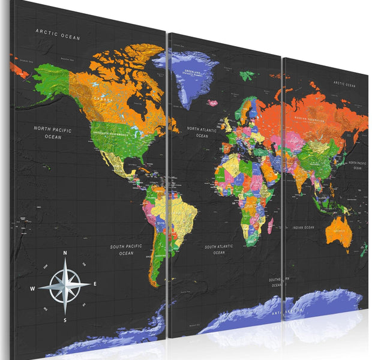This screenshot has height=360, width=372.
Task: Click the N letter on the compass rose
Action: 65,253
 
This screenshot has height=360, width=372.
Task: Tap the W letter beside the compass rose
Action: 32,289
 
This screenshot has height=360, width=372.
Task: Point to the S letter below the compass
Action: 65,320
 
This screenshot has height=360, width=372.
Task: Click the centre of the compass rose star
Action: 65,286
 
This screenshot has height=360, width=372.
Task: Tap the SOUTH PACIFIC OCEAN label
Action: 125,250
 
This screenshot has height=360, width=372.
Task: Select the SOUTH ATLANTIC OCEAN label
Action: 219,250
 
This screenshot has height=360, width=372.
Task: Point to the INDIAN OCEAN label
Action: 303,227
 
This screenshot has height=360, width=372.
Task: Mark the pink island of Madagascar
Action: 271,226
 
